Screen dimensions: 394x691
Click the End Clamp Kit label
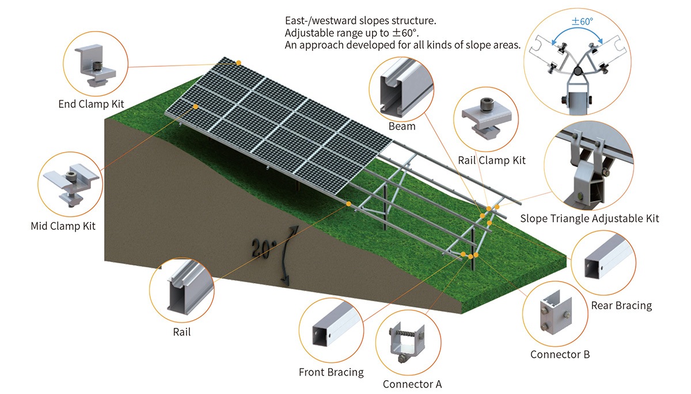coord(91,104)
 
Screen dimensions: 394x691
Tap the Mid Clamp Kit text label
coord(63,226)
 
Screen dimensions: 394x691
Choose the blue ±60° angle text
coord(582,21)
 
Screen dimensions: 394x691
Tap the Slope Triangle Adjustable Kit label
coord(589,218)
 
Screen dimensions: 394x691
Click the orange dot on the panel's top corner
coord(238,62)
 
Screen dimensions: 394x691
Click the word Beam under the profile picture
coord(401,126)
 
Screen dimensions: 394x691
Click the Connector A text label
coord(412,384)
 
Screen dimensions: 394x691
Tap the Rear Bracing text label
coord(621,305)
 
